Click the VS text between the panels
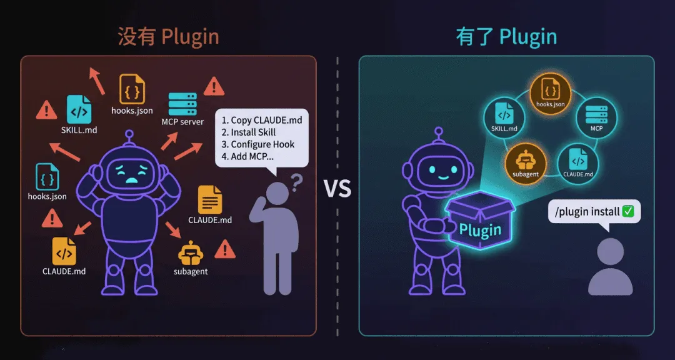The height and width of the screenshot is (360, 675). click(337, 188)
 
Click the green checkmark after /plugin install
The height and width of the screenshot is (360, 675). click(628, 211)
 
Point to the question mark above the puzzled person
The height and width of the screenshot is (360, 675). click(297, 182)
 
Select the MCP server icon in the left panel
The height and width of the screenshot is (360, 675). click(182, 103)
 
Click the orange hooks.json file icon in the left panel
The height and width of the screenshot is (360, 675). click(132, 89)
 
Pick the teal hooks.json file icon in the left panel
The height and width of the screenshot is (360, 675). click(47, 177)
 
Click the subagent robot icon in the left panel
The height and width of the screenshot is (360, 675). click(191, 253)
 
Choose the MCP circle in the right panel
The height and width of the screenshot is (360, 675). click(596, 116)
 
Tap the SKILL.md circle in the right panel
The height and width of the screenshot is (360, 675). click(504, 117)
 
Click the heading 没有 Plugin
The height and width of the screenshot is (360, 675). click(169, 36)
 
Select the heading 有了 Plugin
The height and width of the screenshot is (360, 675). click(506, 36)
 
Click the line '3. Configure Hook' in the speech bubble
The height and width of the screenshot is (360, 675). click(258, 144)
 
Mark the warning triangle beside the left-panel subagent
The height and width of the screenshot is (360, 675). click(224, 249)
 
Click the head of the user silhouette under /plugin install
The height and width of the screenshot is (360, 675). click(611, 251)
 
